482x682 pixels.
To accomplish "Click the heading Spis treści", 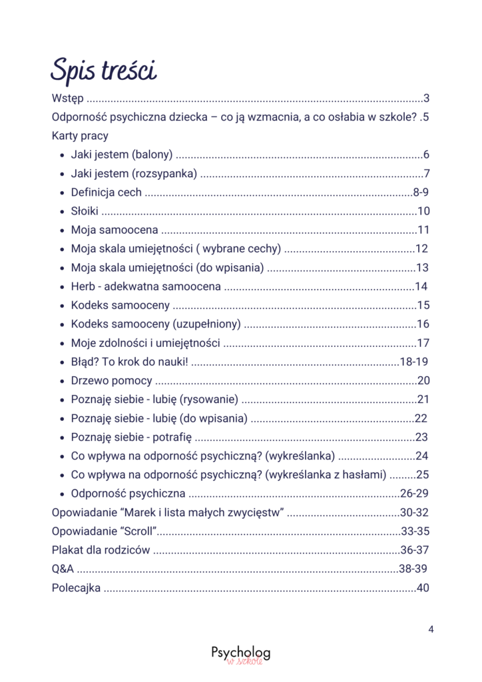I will click(x=104, y=70).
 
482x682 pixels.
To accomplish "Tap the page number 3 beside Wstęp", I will click(x=426, y=99).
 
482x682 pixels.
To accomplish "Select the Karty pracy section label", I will click(x=80, y=136).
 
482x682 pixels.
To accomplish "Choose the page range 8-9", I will click(x=421, y=193).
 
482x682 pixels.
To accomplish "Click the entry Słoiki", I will click(x=84, y=212).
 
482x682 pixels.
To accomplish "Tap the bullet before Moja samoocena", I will click(x=61, y=231).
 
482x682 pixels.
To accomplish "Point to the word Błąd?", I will click(x=83, y=362).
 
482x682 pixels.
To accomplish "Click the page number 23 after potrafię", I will click(x=421, y=438).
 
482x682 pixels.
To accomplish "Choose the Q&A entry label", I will click(x=63, y=569).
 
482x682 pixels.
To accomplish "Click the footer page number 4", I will click(x=431, y=628).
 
